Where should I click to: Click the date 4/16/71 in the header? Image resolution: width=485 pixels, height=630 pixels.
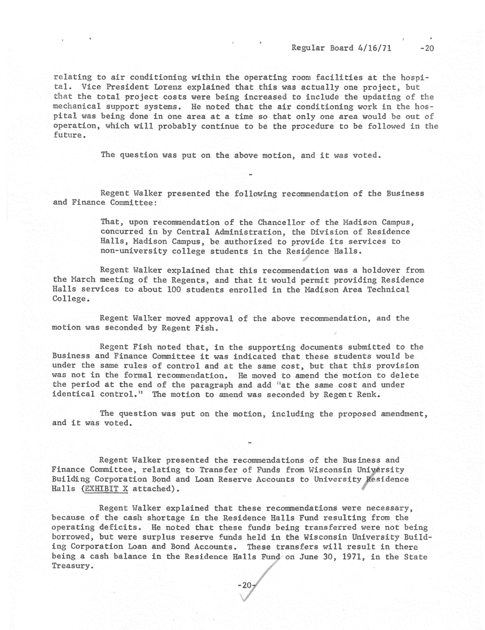click(374, 48)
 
